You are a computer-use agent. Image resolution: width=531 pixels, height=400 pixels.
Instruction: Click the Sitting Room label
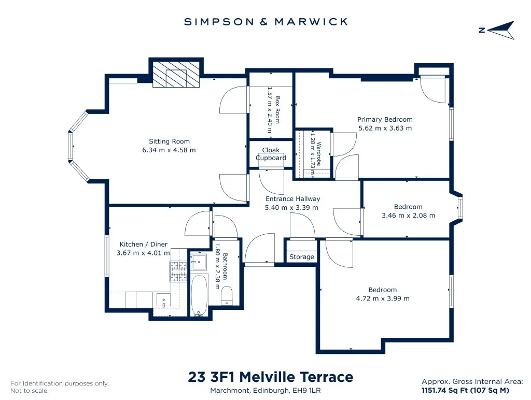point(170,141)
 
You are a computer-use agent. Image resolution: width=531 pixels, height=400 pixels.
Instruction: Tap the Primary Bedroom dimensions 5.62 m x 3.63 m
point(385,128)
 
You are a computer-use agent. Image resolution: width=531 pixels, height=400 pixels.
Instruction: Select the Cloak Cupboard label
point(271,154)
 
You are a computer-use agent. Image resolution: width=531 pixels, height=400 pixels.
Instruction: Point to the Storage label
point(302,257)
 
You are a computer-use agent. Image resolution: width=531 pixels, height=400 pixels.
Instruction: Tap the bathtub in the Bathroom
point(199,295)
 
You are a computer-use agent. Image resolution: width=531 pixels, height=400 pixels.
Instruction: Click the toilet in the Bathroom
point(227,295)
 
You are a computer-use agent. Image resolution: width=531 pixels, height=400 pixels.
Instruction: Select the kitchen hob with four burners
point(178,272)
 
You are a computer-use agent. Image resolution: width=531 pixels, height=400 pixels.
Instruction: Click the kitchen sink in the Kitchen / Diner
point(164,300)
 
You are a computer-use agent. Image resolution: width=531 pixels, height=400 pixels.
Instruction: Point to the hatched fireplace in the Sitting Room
point(176,74)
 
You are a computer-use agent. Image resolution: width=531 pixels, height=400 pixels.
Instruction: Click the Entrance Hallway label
point(292,199)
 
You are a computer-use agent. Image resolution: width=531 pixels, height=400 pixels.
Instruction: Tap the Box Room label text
point(277,110)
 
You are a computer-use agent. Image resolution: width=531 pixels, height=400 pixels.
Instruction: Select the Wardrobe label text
point(319,154)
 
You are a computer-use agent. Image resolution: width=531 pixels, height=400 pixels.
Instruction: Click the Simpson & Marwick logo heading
point(266,22)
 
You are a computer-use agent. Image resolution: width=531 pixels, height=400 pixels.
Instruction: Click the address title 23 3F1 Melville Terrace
point(271,377)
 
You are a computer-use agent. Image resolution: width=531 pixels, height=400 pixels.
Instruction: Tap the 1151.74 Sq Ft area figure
point(444,390)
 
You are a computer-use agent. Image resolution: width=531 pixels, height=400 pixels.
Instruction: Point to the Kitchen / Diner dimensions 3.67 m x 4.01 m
point(143,253)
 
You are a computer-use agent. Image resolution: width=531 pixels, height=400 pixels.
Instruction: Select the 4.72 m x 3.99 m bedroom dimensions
point(383,298)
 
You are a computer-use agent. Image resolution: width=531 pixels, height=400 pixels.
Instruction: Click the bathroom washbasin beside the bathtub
point(199,262)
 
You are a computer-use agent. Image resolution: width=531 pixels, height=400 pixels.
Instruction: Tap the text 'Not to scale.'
point(30,391)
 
